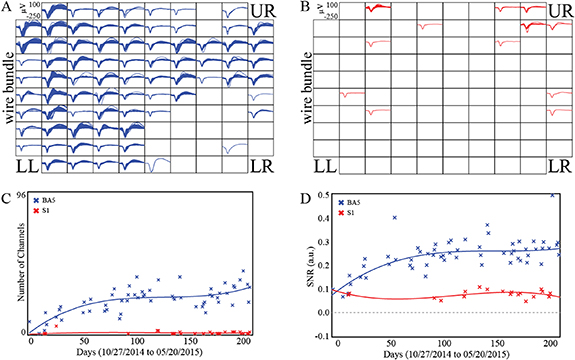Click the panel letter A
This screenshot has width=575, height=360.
click(x=6, y=7)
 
